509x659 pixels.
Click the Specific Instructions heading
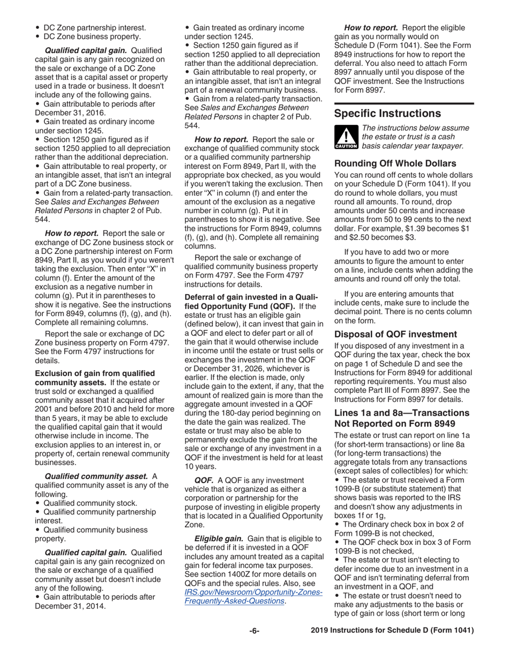coord(387,114)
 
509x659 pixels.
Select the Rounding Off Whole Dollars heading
coord(395,163)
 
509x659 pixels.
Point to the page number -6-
coord(254,631)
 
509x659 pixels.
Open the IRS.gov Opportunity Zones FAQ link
coord(253,596)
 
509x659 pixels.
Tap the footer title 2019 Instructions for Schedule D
coord(392,631)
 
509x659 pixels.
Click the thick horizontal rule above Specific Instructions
coord(404,103)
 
